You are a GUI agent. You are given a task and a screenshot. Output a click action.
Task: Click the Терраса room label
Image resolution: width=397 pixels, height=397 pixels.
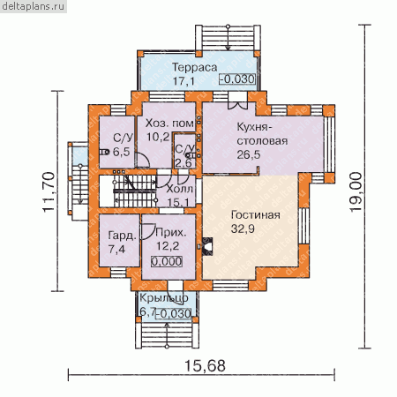click(x=194, y=67)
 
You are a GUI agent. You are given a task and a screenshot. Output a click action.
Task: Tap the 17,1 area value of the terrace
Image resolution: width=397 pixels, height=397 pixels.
click(x=184, y=81)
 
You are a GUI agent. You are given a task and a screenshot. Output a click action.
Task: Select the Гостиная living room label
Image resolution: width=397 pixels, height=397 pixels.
click(x=256, y=215)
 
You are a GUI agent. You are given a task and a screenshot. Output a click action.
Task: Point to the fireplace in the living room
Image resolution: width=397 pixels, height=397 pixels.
click(x=207, y=246)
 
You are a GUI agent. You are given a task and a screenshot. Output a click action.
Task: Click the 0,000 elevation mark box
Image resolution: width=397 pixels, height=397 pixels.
click(x=167, y=261)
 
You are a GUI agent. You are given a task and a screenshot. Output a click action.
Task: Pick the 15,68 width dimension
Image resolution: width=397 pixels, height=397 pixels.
click(x=205, y=366)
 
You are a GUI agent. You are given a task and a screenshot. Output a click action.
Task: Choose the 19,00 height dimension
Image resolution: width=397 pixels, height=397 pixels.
click(x=356, y=192)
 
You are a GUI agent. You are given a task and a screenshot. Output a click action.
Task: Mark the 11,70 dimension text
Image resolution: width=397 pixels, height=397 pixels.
click(x=49, y=191)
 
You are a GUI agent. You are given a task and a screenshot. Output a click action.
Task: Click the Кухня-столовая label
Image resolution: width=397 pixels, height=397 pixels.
click(x=262, y=134)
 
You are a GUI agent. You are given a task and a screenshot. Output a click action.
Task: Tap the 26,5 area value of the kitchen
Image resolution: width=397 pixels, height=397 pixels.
click(x=249, y=154)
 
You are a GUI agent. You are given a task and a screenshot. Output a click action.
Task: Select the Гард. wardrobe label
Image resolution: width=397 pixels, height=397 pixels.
click(x=123, y=236)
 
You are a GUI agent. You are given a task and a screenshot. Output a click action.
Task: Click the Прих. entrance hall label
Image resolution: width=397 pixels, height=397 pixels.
click(x=171, y=232)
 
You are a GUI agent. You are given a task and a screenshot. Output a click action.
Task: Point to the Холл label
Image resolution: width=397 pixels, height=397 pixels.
click(x=179, y=189)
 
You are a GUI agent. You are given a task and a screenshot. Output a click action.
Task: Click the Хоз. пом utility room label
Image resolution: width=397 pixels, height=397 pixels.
click(x=169, y=124)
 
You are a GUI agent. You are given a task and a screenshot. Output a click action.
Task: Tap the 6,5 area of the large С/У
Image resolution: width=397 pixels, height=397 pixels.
click(x=121, y=152)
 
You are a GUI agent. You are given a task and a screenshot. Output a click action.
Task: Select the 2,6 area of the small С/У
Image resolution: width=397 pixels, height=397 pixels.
click(x=184, y=162)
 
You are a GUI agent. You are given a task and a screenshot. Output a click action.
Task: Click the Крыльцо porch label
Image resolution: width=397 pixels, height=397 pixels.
click(x=163, y=298)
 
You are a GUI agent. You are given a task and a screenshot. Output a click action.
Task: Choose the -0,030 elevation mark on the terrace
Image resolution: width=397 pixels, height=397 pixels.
click(x=237, y=79)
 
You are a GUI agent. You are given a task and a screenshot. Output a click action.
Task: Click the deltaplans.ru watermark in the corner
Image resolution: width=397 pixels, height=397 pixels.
click(x=33, y=6)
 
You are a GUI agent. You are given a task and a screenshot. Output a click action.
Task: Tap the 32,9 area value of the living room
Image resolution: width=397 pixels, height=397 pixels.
click(x=243, y=228)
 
